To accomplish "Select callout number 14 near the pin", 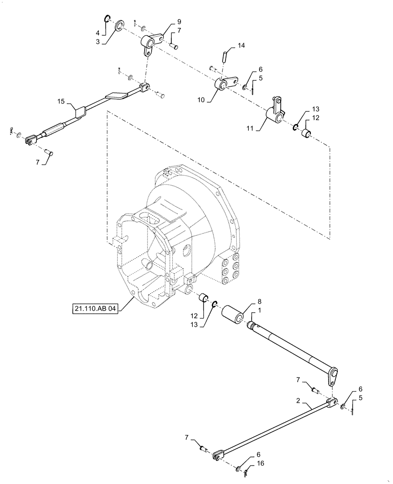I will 241,45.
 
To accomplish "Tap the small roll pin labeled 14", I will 225,56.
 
